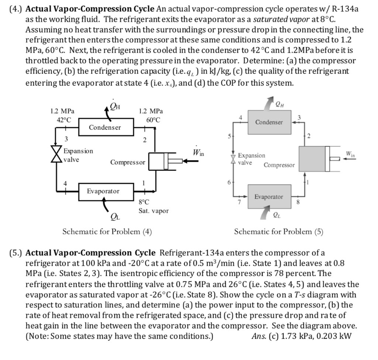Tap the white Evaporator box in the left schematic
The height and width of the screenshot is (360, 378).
click(103, 191)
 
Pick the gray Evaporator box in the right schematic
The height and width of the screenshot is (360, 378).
click(269, 197)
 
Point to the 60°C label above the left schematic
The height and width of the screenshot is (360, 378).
click(153, 120)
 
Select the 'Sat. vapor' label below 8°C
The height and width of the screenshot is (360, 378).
click(154, 211)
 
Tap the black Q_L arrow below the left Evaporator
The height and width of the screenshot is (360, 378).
click(106, 205)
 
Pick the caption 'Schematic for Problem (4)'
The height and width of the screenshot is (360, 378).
click(107, 232)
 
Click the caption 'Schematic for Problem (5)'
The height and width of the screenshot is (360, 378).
click(279, 232)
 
